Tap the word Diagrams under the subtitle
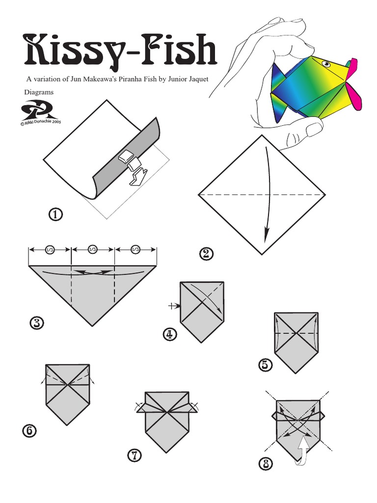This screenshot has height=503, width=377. pos(39,92)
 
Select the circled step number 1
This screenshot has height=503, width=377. pos(56,215)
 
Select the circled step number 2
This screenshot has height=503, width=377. pos(206,253)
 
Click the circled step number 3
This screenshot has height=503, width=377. pos(36,323)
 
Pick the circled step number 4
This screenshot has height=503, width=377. pos(169,335)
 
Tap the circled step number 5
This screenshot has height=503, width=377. pos(265,365)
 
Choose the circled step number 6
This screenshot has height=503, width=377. pos(28,431)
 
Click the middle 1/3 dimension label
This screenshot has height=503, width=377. pos(93,250)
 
